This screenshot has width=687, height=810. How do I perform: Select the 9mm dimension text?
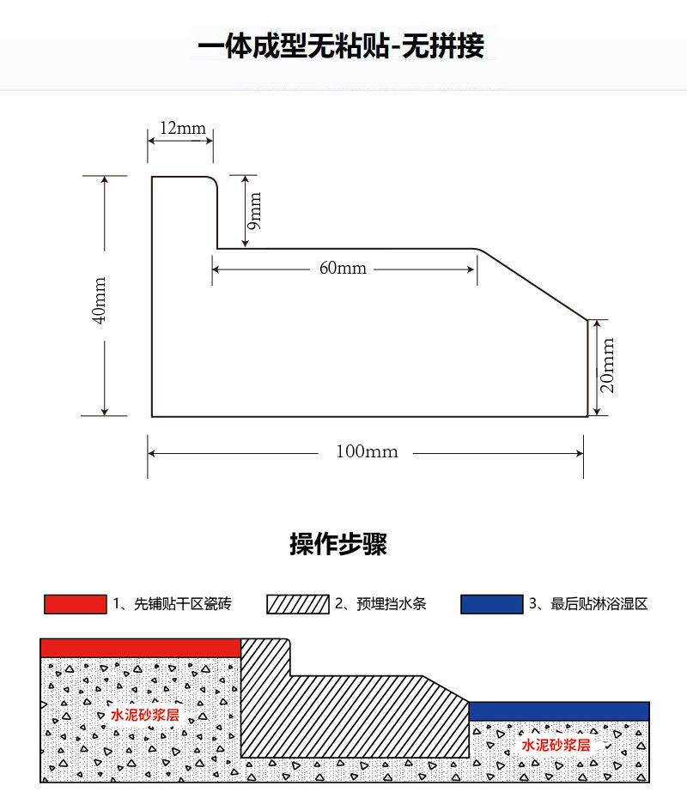click(254, 211)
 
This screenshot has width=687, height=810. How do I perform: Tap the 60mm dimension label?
click(343, 269)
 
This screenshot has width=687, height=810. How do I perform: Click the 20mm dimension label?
click(608, 365)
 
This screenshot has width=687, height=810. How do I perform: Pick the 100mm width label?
click(367, 451)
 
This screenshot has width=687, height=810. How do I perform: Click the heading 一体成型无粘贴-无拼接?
click(341, 45)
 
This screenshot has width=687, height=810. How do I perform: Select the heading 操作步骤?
click(338, 544)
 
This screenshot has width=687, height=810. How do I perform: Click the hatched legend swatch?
click(298, 604)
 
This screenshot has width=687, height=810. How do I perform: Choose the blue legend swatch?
click(491, 604)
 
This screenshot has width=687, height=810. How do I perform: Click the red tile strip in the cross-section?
click(140, 648)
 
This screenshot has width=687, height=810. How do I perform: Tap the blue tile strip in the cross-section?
click(558, 710)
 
